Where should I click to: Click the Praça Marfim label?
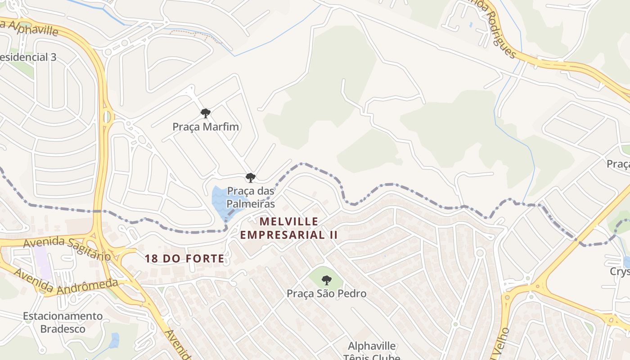(x=206, y=127)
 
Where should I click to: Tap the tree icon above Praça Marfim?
(x=206, y=113)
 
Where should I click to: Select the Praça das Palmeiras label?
(x=251, y=198)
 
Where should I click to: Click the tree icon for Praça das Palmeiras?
(x=251, y=178)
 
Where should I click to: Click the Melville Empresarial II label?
(x=288, y=228)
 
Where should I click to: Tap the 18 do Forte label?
(x=184, y=258)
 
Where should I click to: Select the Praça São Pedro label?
(x=327, y=294)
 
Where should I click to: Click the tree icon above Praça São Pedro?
(x=327, y=280)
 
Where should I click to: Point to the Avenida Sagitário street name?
(x=67, y=248)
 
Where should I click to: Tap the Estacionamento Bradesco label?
(x=63, y=322)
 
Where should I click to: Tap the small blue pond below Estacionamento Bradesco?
(x=114, y=340)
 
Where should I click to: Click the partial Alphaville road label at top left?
(x=30, y=27)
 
